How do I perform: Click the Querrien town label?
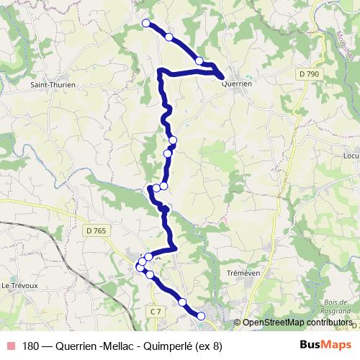[x=237, y=84]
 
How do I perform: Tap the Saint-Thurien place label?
[x=53, y=84]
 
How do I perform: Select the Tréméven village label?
[x=242, y=274]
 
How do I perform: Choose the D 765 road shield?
[x=94, y=230]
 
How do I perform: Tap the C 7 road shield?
[x=156, y=310]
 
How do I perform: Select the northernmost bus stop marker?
[x=146, y=23]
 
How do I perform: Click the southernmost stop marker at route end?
[x=202, y=315]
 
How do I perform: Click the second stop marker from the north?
[x=168, y=37]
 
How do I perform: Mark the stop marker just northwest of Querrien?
[x=199, y=61]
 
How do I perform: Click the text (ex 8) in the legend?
[x=210, y=345]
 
